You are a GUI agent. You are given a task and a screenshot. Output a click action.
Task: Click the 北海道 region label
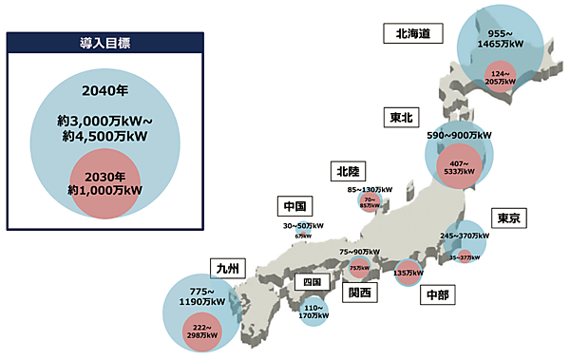(413, 33)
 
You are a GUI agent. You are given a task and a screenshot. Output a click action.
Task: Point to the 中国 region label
(294, 205)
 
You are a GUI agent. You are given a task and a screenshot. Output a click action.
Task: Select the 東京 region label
(508, 218)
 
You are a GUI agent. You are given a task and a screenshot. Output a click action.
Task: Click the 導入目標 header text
(104, 44)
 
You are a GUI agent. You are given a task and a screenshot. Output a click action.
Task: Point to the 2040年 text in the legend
(104, 91)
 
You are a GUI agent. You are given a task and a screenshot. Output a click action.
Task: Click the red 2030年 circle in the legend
(104, 183)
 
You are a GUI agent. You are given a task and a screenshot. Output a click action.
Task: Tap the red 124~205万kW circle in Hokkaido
(502, 79)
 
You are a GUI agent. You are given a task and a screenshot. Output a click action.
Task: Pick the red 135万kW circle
(407, 273)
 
